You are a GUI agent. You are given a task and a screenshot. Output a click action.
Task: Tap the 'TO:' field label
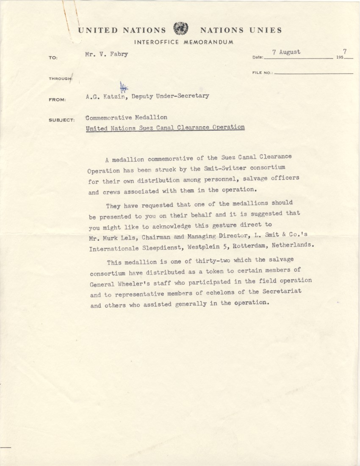point(54,58)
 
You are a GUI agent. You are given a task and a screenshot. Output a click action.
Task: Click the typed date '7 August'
point(286,53)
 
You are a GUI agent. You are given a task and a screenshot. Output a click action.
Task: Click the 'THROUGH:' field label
point(61,79)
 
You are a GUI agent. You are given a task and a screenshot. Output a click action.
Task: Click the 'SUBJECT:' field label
point(62,120)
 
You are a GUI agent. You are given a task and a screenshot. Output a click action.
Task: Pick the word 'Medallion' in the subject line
point(150,117)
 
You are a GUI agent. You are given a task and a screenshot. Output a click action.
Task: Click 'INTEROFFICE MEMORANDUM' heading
point(183,42)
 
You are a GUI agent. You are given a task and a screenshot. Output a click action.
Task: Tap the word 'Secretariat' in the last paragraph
point(281,291)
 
